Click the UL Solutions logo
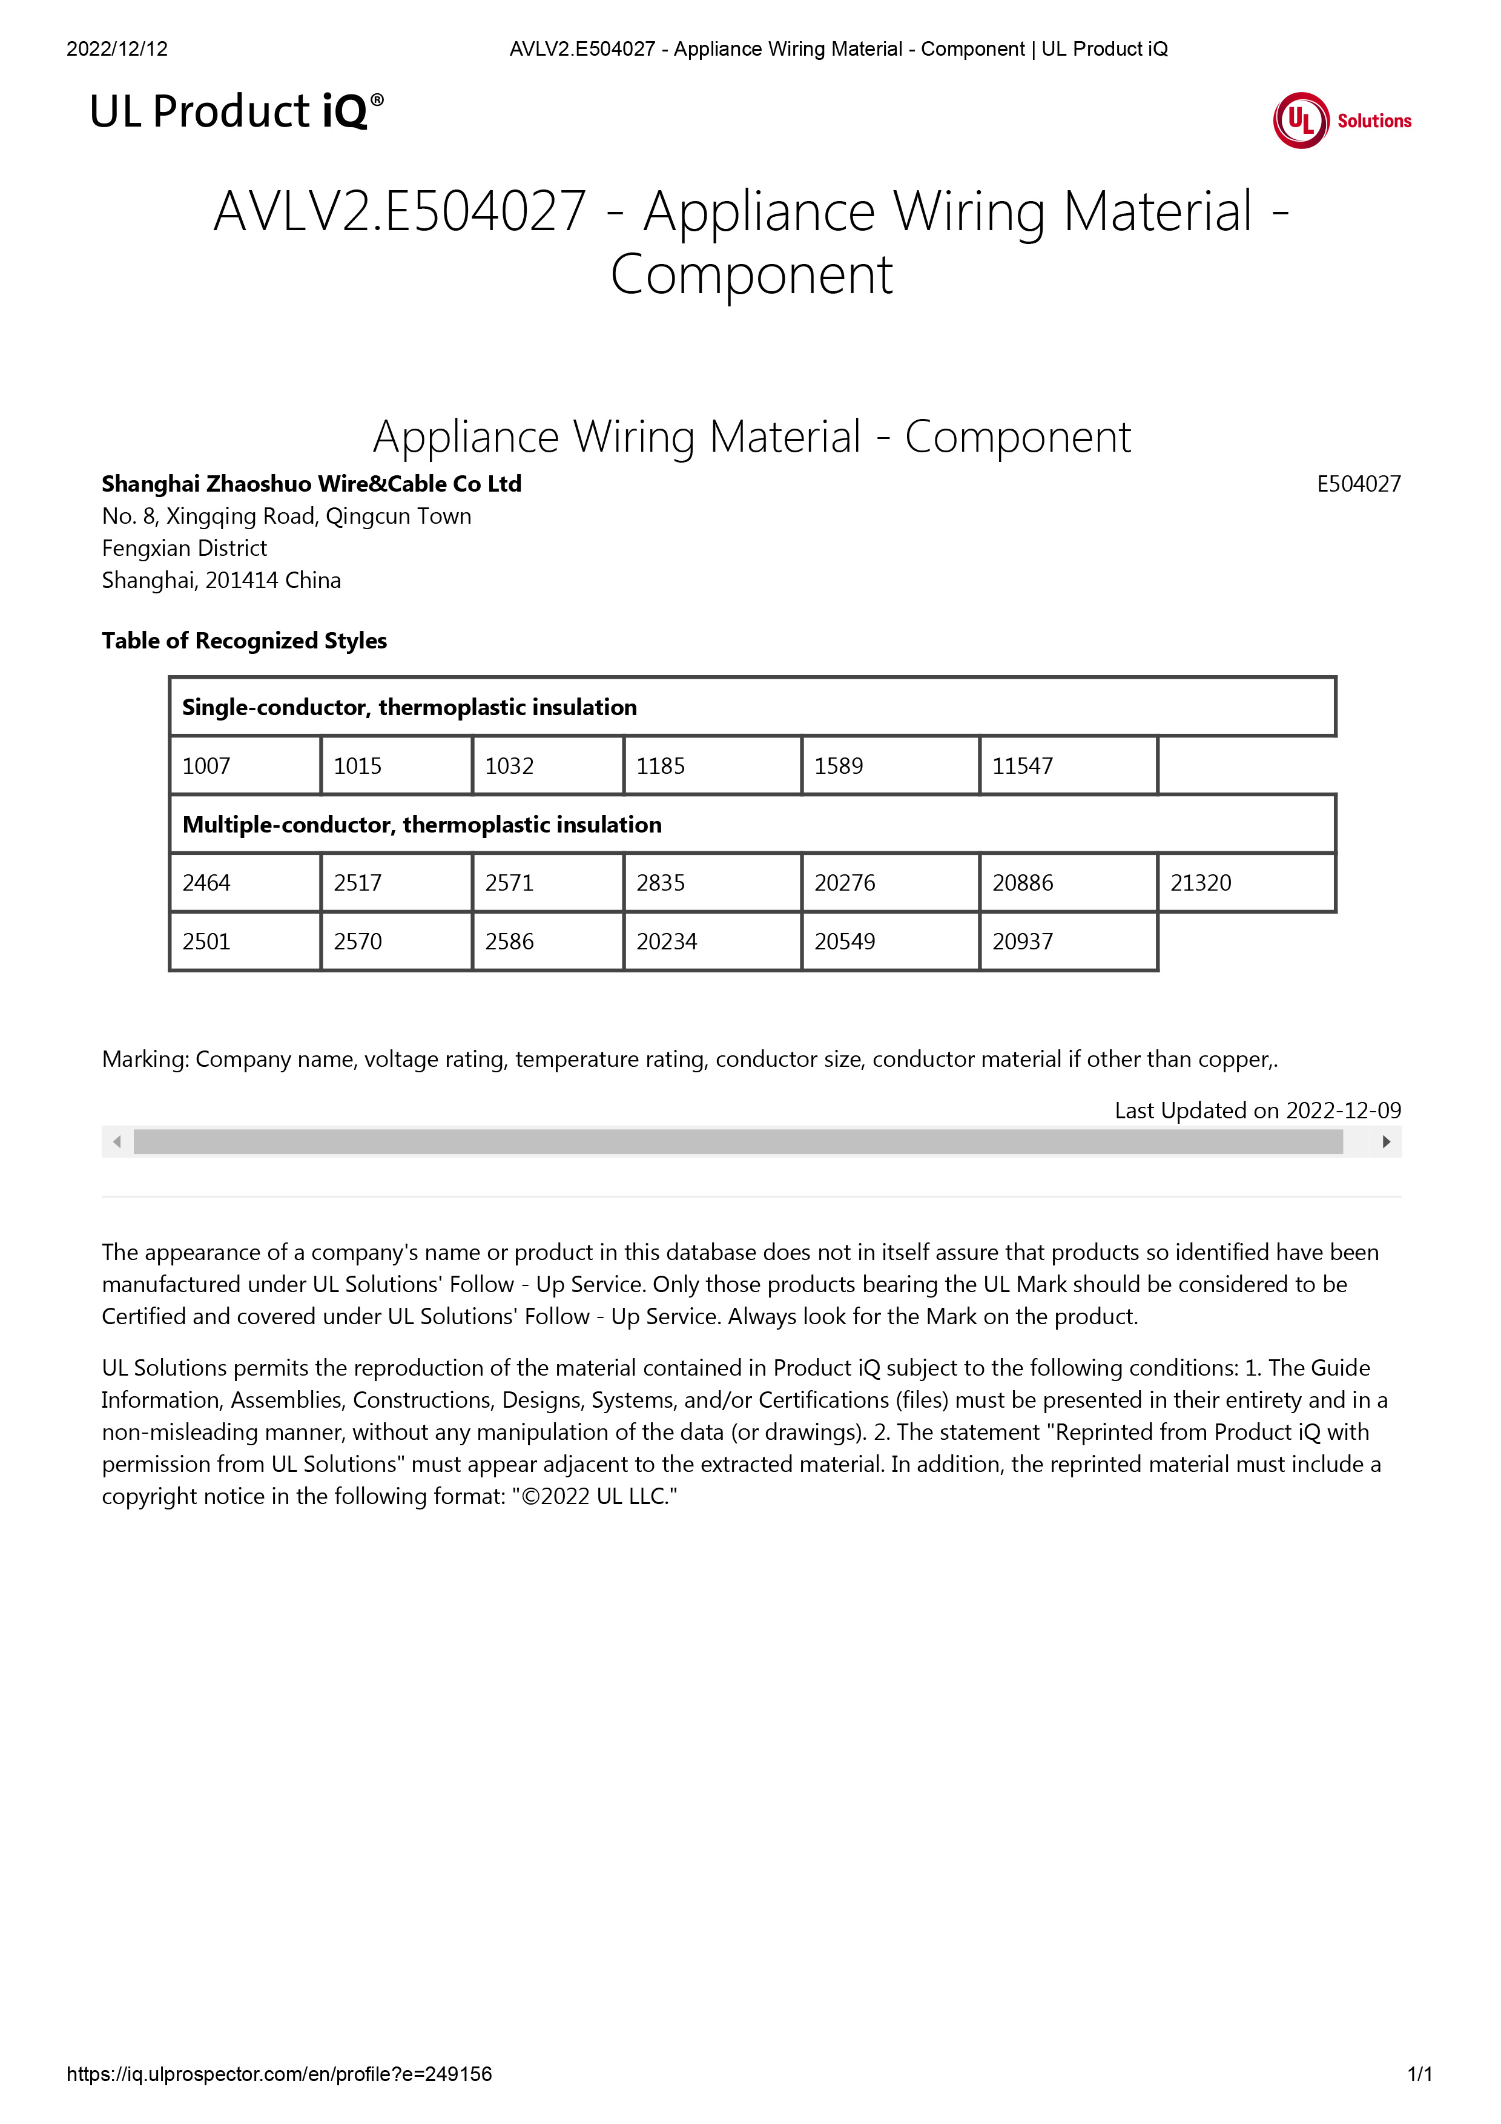point(1341,120)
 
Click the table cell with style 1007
point(245,765)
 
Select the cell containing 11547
point(1067,765)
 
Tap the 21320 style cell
point(1245,883)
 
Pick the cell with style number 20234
point(711,941)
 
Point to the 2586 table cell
point(547,941)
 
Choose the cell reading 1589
point(889,765)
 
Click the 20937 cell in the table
point(1067,941)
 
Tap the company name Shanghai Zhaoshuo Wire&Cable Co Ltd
point(312,484)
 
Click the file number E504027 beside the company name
point(1357,484)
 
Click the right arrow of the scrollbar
point(1385,1141)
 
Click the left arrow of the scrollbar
point(116,1141)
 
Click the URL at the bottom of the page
point(279,2074)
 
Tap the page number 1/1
point(1419,2074)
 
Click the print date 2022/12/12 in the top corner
point(117,49)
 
